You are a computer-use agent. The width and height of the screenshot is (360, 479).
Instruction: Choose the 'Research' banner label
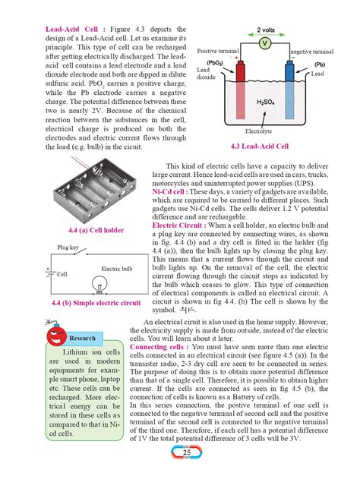click(81, 338)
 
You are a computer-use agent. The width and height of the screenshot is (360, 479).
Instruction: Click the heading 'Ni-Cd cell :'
click(169, 193)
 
